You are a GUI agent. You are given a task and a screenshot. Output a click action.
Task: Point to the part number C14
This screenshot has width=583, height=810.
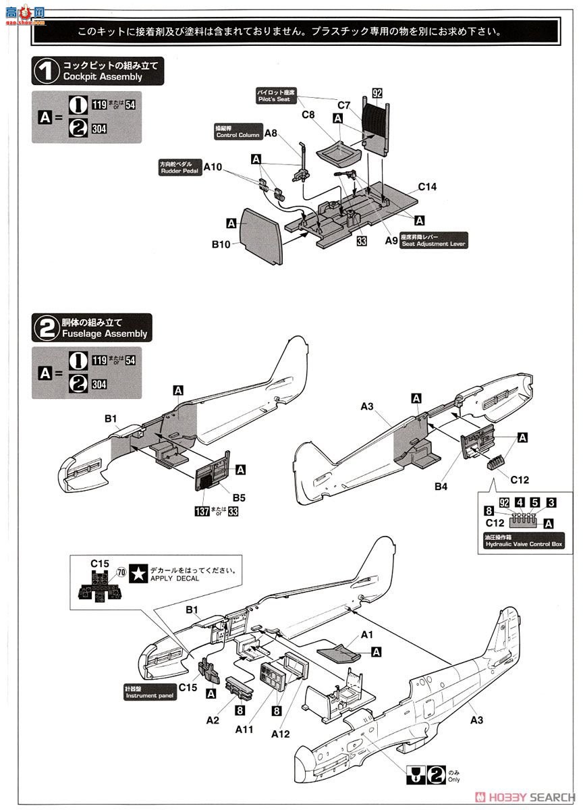[427, 187]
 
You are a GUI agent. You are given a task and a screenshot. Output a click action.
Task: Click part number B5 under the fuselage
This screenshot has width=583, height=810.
[239, 497]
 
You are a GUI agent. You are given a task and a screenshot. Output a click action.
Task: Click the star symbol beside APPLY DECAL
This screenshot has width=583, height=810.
[139, 573]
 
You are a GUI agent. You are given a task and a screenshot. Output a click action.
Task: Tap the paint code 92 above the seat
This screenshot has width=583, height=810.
[377, 93]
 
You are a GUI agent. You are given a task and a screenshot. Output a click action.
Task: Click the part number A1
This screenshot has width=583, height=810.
[367, 634]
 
